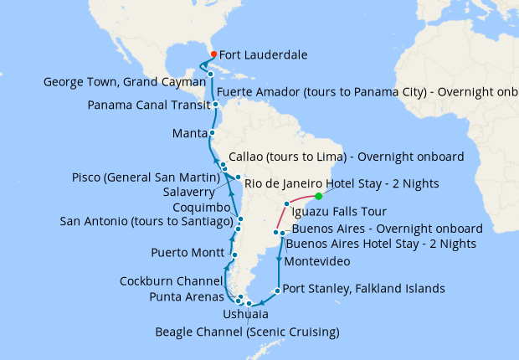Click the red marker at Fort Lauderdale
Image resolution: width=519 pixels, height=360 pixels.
click(214, 54)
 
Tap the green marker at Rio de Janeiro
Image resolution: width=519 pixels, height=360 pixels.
click(319, 196)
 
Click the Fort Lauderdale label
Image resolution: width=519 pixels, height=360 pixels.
click(263, 55)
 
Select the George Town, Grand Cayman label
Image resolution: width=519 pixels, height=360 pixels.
click(115, 82)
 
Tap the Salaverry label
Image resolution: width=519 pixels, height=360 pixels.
click(193, 191)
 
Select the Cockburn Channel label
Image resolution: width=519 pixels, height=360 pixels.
click(171, 280)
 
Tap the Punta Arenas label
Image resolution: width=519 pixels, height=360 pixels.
click(186, 296)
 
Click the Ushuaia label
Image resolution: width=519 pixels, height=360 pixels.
click(246, 314)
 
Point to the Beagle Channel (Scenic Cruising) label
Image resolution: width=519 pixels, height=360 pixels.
click(247, 332)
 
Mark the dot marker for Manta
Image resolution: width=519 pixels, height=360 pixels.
click(212, 133)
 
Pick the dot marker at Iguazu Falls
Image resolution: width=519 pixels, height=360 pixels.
click(287, 203)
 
